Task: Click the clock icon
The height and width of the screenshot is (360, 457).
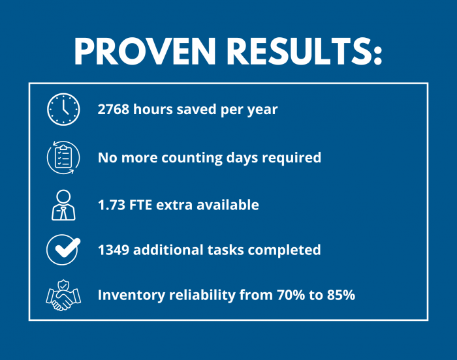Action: click(x=63, y=110)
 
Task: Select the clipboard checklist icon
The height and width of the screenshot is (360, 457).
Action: click(x=63, y=157)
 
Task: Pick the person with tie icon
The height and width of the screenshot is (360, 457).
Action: click(x=63, y=205)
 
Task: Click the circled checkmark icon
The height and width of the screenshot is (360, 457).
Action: click(x=63, y=250)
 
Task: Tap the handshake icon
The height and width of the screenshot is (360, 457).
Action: click(x=63, y=295)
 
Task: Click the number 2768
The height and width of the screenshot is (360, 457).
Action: click(x=114, y=110)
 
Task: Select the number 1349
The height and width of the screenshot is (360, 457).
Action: click(x=114, y=250)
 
